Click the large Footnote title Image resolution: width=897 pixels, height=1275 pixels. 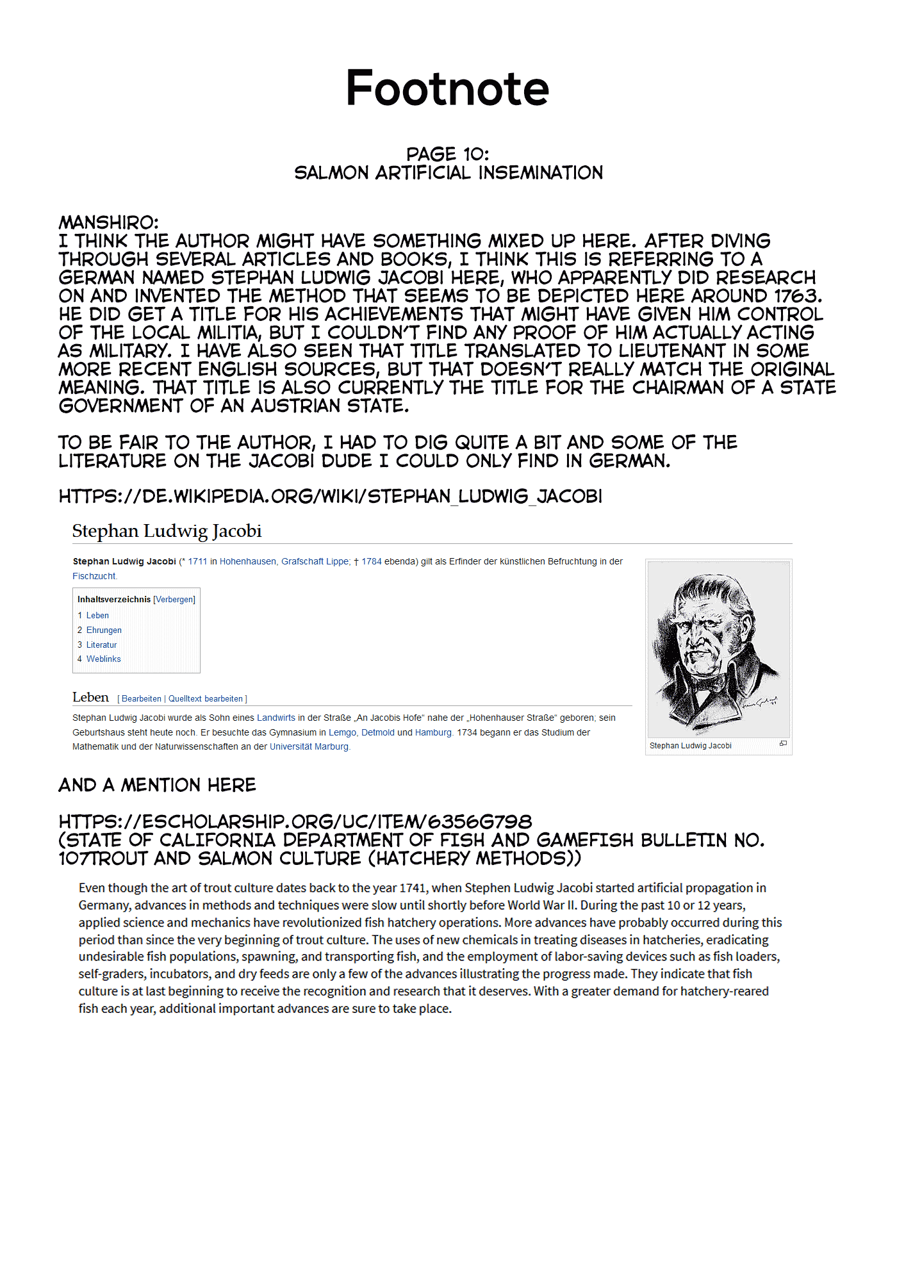(x=447, y=88)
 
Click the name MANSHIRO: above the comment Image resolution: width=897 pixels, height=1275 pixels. (x=108, y=222)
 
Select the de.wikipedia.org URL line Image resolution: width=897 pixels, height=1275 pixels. (x=330, y=497)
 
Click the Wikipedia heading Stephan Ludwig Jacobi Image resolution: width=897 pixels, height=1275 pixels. (x=167, y=531)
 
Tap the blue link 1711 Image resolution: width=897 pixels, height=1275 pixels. (x=197, y=562)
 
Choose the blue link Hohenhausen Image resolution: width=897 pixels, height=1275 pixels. (x=247, y=562)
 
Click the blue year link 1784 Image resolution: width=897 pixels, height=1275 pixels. (x=372, y=562)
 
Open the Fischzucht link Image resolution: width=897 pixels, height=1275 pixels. (x=94, y=576)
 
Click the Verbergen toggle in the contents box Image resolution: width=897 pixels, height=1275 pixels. (x=174, y=600)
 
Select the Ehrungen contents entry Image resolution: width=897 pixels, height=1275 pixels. (x=104, y=630)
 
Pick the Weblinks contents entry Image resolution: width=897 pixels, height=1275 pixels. (x=103, y=659)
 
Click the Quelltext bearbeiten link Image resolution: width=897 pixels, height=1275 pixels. (x=206, y=699)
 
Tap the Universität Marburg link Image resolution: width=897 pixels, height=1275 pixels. (x=309, y=746)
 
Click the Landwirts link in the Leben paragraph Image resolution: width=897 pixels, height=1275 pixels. (x=276, y=718)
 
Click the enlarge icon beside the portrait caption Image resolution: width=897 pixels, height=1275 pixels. (x=783, y=744)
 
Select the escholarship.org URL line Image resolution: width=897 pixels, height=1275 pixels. (x=295, y=822)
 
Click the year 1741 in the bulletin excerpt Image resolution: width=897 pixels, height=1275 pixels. (x=413, y=888)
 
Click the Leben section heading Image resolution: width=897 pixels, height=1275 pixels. (x=90, y=698)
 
